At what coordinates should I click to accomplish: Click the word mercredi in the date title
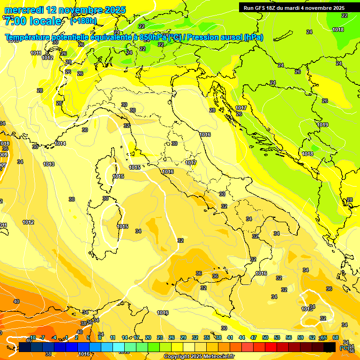(25, 9)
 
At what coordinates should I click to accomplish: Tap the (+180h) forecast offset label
(83, 21)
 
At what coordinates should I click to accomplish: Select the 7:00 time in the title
(15, 21)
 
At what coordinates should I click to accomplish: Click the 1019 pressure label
(322, 125)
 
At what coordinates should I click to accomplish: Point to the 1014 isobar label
(60, 143)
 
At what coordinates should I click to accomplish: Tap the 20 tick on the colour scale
(148, 337)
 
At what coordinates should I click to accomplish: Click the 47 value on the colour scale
(254, 337)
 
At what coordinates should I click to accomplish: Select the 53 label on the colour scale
(277, 337)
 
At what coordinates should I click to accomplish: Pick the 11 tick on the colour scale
(113, 337)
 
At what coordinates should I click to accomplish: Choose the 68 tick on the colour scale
(336, 337)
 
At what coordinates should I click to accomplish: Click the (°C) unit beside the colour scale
(344, 347)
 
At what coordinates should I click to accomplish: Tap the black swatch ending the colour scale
(330, 347)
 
